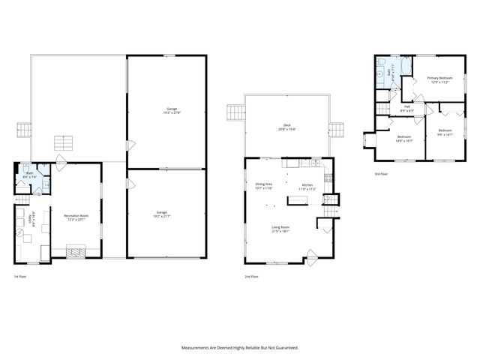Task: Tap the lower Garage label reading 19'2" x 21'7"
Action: [162, 214]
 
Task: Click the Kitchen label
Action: [307, 187]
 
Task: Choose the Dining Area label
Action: [263, 185]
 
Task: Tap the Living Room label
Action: [281, 229]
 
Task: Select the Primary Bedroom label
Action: [439, 79]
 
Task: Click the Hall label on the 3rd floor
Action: [407, 108]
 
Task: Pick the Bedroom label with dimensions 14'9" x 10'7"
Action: [403, 139]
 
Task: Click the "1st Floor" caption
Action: [20, 277]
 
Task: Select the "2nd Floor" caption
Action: [252, 277]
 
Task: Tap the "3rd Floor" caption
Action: [381, 174]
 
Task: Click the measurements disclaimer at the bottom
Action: [240, 347]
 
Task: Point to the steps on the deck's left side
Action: [236, 112]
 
